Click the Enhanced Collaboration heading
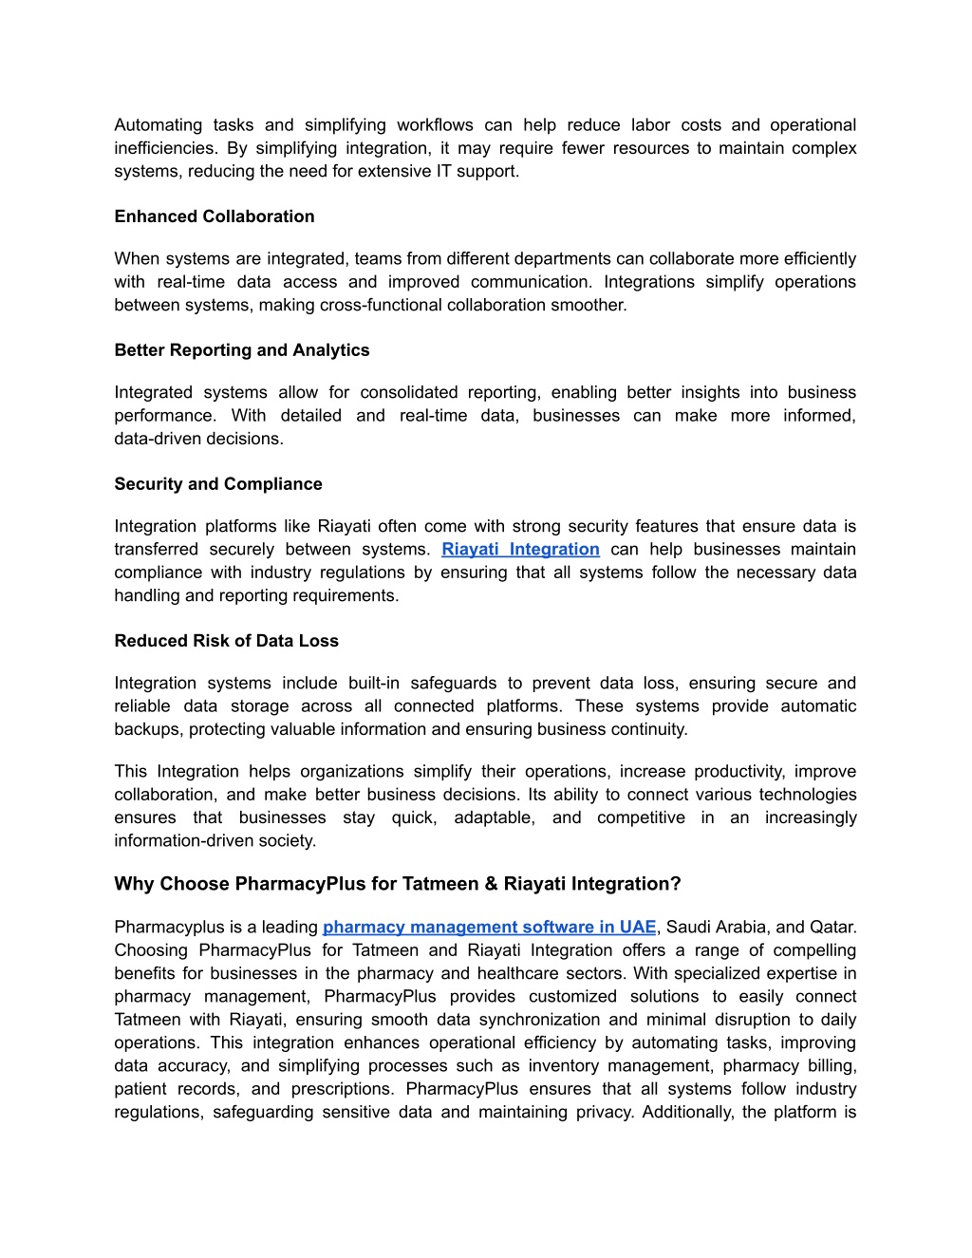(x=214, y=216)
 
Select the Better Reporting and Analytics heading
(x=241, y=350)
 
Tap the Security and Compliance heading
(x=217, y=484)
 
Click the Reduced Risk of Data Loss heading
(x=226, y=641)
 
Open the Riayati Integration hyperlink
(x=520, y=550)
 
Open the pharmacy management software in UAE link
(x=489, y=928)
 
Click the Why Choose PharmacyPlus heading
(x=397, y=884)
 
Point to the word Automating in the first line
(x=158, y=125)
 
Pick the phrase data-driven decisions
(x=198, y=439)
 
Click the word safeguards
(x=453, y=684)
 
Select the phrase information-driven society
(x=215, y=841)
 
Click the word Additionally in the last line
(x=686, y=1113)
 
